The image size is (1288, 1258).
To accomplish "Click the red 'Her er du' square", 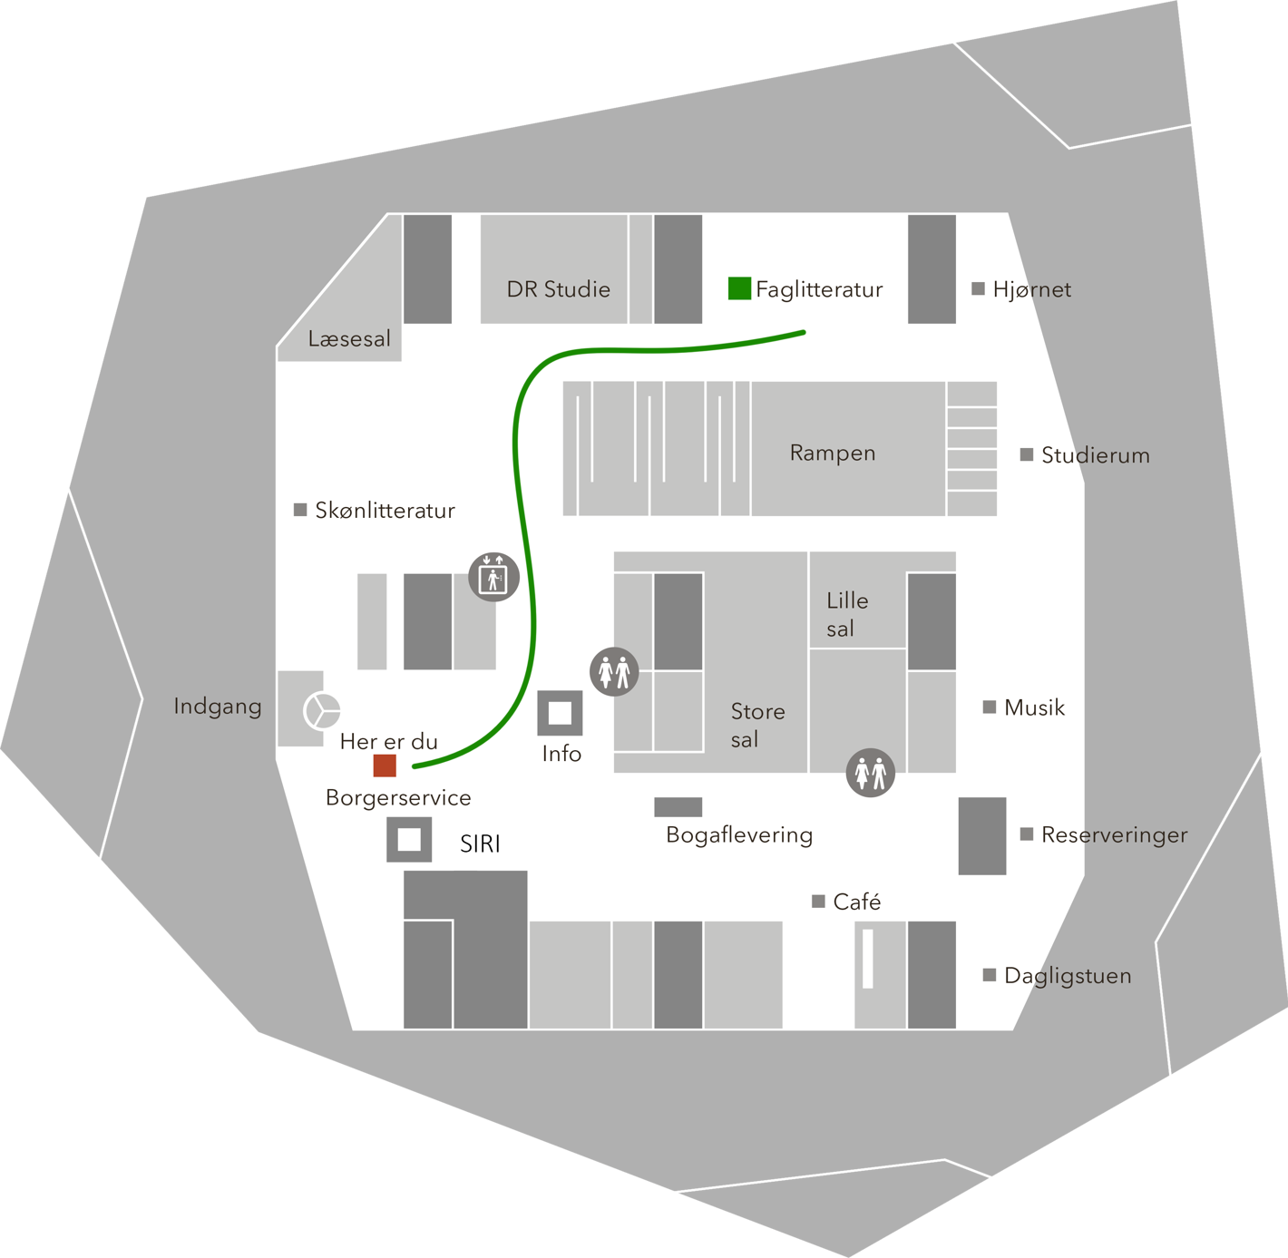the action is click(385, 766).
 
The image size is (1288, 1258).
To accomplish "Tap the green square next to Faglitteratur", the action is click(739, 288).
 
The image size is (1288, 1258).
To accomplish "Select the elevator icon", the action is click(493, 577).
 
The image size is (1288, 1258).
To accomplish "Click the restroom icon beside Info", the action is click(614, 672).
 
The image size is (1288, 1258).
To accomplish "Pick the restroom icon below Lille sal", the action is click(871, 772).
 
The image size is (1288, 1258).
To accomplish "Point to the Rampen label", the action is click(833, 453).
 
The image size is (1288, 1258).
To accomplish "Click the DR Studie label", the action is click(559, 289).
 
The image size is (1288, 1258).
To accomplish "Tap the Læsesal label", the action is click(349, 339).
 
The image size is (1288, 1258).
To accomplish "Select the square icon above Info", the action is click(560, 714).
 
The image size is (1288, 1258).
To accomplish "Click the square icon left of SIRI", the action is click(409, 839).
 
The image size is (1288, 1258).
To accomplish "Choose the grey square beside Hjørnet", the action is click(978, 288).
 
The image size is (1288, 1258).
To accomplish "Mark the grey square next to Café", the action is click(819, 902).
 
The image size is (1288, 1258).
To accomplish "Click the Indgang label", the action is click(218, 707).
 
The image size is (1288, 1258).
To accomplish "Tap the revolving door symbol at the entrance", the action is click(322, 711).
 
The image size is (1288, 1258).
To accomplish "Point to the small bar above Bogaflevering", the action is click(678, 806).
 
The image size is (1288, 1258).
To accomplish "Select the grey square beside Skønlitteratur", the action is click(300, 510).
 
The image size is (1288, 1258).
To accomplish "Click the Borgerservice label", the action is click(398, 798).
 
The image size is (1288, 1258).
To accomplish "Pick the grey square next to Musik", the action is click(990, 707).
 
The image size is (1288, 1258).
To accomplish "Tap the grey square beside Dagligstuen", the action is click(990, 975).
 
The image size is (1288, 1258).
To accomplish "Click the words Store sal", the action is click(758, 726).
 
